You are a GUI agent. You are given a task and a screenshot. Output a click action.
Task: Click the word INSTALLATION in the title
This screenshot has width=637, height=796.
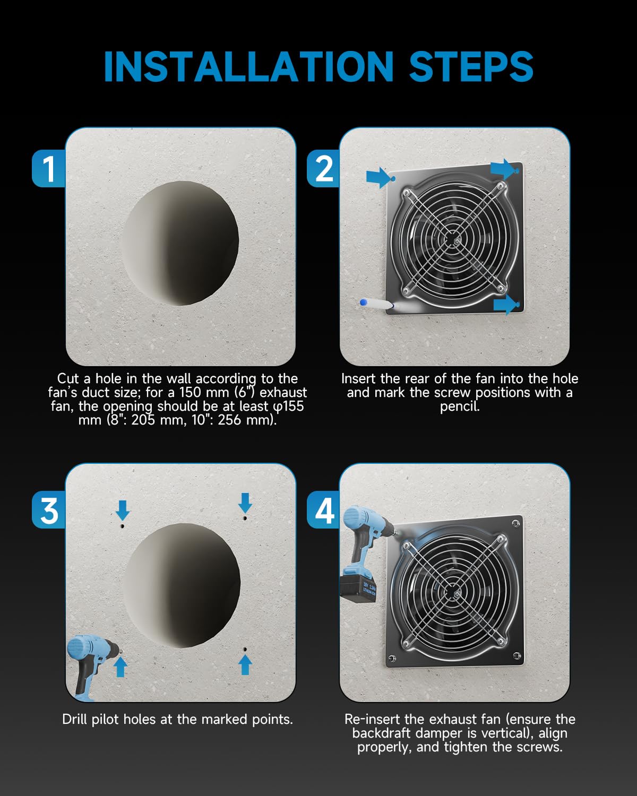[248, 66]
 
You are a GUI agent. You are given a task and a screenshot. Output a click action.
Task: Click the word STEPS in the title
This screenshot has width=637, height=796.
[471, 66]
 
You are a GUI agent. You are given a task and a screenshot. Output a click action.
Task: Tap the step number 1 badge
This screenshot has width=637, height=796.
[49, 168]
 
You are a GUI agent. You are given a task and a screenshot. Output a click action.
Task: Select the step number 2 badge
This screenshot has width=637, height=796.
[323, 168]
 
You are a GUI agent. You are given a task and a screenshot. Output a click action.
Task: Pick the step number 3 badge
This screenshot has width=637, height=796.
[49, 510]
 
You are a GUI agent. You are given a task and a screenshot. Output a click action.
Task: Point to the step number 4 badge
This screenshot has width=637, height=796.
[323, 510]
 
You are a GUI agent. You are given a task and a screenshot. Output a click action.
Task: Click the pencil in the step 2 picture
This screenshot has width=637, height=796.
[377, 304]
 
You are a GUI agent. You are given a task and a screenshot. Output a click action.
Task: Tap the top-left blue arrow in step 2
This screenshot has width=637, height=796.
[378, 178]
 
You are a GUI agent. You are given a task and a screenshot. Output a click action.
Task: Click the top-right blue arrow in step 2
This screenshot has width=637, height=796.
[503, 169]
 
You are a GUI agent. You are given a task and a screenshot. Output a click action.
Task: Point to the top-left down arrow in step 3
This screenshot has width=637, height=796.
[123, 511]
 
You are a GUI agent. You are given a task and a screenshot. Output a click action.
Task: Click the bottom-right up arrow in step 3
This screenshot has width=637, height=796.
[245, 665]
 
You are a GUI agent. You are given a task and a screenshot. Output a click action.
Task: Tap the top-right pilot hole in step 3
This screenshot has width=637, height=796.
[245, 518]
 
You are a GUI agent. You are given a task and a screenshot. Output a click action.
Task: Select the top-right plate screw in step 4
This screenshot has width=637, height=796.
[515, 523]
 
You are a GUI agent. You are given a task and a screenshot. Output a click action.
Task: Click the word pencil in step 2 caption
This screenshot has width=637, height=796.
[460, 406]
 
